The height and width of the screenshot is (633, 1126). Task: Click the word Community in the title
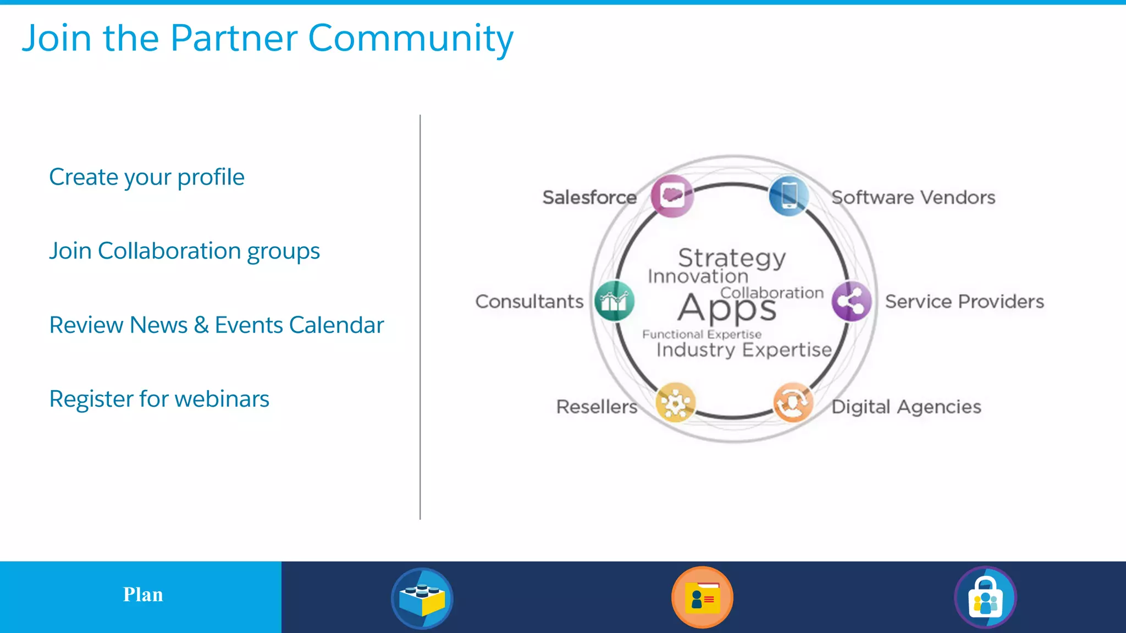point(410,38)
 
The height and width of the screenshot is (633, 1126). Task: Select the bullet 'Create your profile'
point(147,177)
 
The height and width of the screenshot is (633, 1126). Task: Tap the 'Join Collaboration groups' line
point(184,251)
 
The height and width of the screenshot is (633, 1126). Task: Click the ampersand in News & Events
point(201,325)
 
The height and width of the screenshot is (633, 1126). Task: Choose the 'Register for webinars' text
point(159,399)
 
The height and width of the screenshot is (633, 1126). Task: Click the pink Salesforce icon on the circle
point(672,196)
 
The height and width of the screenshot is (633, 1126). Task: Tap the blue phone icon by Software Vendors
point(789,195)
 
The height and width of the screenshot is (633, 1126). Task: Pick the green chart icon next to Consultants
point(615,301)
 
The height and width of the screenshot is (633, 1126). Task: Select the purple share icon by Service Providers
point(851,301)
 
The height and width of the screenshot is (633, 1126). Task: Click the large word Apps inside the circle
point(727,308)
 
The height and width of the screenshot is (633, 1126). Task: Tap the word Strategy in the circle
point(732,258)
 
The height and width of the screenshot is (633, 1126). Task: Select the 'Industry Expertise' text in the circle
point(744,350)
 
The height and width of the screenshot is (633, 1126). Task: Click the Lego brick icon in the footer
point(422,598)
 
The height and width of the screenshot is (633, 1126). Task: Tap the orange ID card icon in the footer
point(702,597)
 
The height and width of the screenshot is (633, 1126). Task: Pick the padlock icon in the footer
point(985,598)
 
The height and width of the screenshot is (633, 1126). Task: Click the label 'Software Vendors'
point(913,197)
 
